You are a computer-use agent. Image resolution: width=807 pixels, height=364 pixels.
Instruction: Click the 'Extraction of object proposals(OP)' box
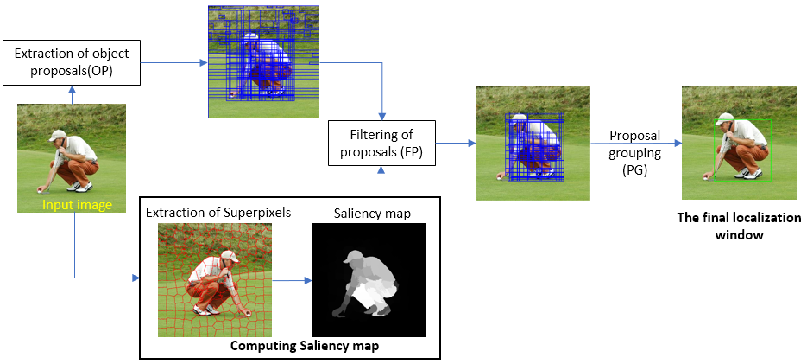[x=72, y=63]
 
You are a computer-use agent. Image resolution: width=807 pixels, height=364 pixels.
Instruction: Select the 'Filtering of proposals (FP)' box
[x=381, y=144]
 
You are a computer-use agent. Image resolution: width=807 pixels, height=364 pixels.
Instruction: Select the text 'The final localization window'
[x=740, y=226]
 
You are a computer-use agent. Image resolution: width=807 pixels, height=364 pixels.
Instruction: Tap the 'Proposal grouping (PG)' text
[x=635, y=152]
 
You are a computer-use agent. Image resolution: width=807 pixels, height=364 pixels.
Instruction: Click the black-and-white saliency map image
[x=369, y=279]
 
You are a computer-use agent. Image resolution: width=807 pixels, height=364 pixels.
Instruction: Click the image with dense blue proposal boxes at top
[x=263, y=61]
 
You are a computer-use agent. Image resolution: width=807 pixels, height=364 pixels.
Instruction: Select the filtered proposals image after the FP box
[x=533, y=144]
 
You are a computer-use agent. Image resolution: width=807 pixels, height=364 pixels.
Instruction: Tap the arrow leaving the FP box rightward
[x=455, y=144]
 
